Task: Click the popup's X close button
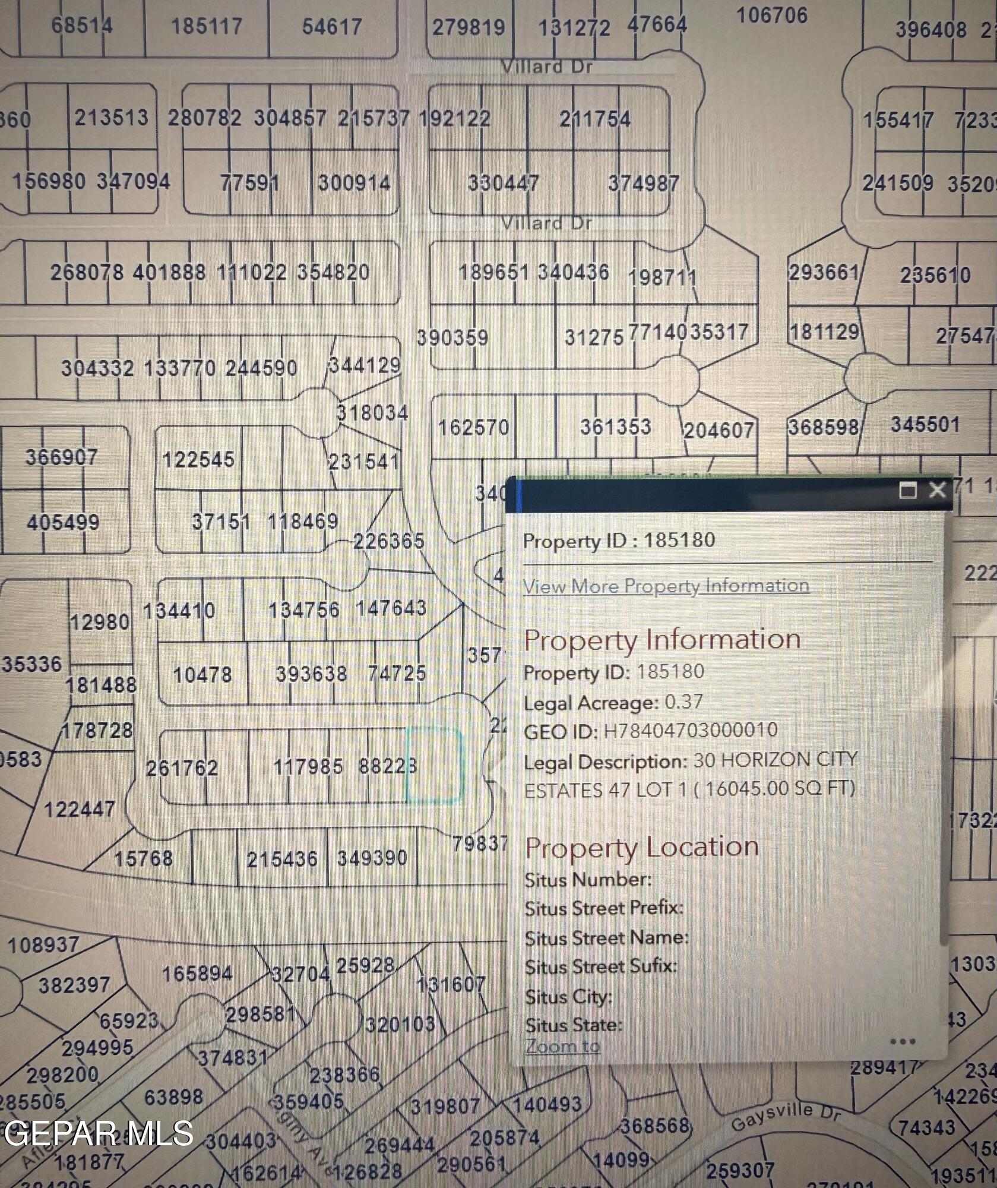(937, 490)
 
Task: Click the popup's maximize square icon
(907, 491)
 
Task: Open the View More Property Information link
(666, 586)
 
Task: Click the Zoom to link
(562, 1046)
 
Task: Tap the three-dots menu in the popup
(903, 1041)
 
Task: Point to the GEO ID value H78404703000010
(691, 730)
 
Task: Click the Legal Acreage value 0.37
(683, 702)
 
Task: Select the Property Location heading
(642, 847)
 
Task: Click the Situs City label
(568, 996)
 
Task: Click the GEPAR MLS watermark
(99, 1133)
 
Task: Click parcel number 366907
(61, 457)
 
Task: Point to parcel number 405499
(63, 523)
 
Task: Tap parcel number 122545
(198, 460)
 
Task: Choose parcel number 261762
(182, 768)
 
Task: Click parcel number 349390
(372, 858)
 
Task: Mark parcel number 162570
(473, 428)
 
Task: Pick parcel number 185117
(207, 27)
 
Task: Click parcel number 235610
(935, 276)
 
